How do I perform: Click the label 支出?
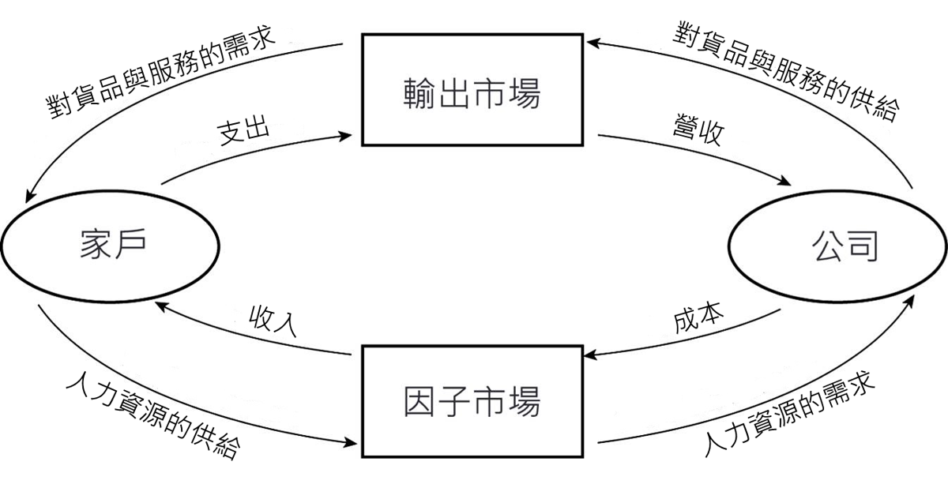click(x=244, y=129)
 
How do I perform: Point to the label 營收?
click(x=698, y=130)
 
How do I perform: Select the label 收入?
click(x=273, y=321)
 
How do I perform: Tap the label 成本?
click(x=698, y=317)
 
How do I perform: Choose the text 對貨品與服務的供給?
click(x=786, y=72)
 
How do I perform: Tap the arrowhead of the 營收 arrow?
click(x=785, y=182)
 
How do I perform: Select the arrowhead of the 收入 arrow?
click(x=161, y=306)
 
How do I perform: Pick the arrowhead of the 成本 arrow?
click(x=590, y=355)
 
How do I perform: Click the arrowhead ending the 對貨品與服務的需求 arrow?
click(x=30, y=196)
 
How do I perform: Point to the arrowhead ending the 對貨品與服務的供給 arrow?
click(x=592, y=43)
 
